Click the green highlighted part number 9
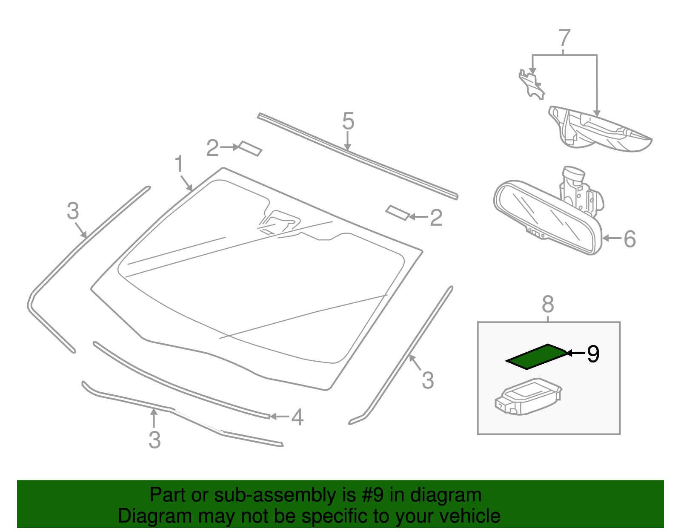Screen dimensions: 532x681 pyautogui.click(x=536, y=357)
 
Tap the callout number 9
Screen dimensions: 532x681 pyautogui.click(x=593, y=354)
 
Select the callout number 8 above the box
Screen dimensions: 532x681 pyautogui.click(x=548, y=304)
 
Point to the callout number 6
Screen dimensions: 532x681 pyautogui.click(x=629, y=239)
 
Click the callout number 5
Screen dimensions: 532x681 pyautogui.click(x=348, y=121)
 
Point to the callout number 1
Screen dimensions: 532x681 pyautogui.click(x=179, y=164)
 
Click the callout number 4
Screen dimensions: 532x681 pyautogui.click(x=297, y=417)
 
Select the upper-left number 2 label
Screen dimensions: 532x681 pyautogui.click(x=212, y=148)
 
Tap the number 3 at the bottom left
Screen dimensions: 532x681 pyautogui.click(x=155, y=440)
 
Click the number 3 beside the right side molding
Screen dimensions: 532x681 pyautogui.click(x=427, y=380)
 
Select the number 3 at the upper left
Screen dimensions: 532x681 pyautogui.click(x=73, y=211)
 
